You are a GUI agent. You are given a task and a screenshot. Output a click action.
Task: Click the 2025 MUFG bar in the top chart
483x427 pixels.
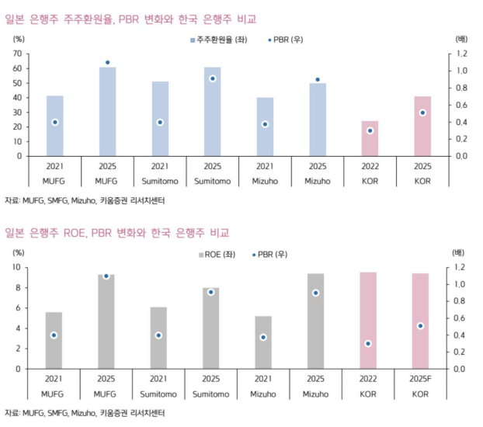(x=107, y=111)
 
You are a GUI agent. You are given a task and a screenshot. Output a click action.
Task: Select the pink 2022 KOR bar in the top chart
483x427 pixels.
(x=370, y=138)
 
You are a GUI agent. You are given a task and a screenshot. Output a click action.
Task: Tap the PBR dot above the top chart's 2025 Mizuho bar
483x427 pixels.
(x=318, y=80)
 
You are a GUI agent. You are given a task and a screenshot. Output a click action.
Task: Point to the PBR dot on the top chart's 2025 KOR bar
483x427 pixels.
(x=422, y=113)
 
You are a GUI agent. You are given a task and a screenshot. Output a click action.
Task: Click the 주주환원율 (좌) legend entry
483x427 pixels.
(x=218, y=40)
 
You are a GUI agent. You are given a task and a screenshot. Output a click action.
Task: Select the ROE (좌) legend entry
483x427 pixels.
(x=221, y=255)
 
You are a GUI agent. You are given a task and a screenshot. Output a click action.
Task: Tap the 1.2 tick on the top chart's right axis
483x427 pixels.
(x=460, y=54)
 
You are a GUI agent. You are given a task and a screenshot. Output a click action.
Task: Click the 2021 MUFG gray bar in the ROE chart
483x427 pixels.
(x=54, y=340)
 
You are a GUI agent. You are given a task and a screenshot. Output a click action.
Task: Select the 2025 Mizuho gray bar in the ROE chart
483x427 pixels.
(x=318, y=321)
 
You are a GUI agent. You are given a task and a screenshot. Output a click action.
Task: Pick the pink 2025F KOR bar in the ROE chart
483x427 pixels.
(x=422, y=321)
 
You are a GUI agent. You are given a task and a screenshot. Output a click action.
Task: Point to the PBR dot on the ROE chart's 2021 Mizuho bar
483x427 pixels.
(x=265, y=337)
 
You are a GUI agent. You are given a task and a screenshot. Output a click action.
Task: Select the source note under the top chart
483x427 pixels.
(x=85, y=200)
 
